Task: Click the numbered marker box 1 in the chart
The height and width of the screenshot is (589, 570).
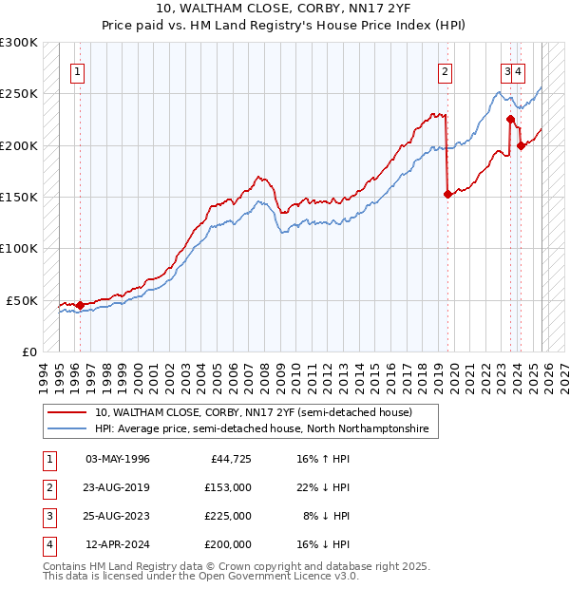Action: click(77, 70)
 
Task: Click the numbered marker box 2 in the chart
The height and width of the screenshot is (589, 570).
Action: click(444, 70)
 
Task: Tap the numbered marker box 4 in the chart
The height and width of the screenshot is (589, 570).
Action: click(521, 70)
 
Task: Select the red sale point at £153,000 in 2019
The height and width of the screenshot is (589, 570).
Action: click(447, 194)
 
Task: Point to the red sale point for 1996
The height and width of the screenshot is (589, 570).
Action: click(80, 305)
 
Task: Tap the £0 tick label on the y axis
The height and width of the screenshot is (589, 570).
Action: click(28, 351)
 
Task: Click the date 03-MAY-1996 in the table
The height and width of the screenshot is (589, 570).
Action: click(118, 459)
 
